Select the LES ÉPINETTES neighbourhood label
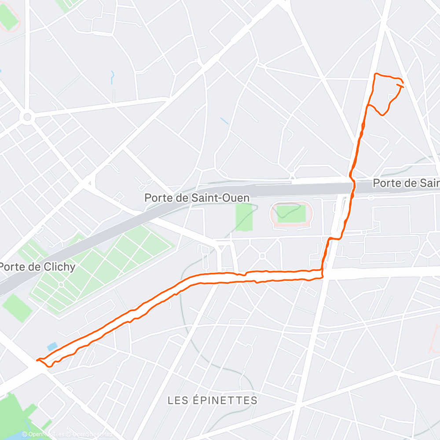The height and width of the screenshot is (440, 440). click(213, 400)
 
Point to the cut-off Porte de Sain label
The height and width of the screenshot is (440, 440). click(406, 183)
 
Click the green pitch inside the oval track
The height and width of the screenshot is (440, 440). click(291, 214)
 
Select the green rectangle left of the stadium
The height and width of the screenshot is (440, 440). click(244, 217)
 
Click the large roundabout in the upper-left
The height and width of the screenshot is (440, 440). click(27, 117)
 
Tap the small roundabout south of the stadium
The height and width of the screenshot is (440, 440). click(262, 255)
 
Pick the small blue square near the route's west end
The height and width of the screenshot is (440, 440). click(52, 346)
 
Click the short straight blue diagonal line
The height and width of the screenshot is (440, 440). click(224, 120)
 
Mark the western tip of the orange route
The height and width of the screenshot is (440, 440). click(38, 360)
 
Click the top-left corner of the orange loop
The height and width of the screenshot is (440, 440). click(375, 74)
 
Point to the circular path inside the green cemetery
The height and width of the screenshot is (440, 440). click(61, 285)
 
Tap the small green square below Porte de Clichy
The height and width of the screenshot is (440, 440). click(17, 307)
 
